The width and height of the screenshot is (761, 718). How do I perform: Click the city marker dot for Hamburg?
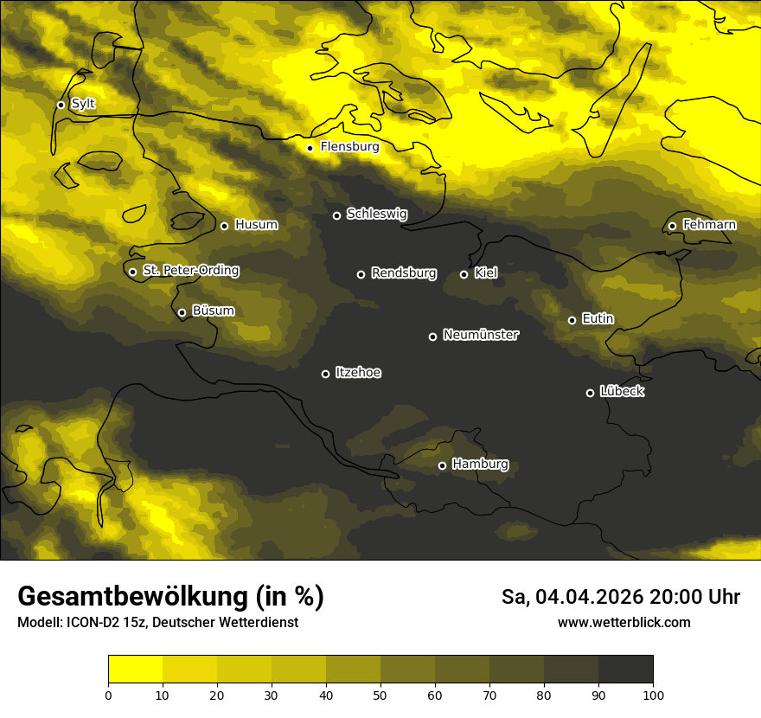click(442, 465)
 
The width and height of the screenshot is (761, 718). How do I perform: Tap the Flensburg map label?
click(349, 147)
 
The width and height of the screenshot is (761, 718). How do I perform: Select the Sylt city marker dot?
click(61, 105)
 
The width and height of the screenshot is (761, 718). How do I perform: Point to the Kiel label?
click(486, 273)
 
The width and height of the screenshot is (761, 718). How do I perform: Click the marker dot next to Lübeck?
click(591, 393)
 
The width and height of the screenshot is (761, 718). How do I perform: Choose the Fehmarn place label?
click(709, 225)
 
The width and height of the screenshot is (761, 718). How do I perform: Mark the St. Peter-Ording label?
click(190, 271)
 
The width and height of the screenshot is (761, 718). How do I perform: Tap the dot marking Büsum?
click(182, 313)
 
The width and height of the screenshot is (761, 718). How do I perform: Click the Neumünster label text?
click(481, 335)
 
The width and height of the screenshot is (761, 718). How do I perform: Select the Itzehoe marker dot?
click(325, 374)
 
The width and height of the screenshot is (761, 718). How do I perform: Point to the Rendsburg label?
click(404, 273)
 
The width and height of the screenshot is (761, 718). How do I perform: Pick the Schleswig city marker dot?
click(336, 215)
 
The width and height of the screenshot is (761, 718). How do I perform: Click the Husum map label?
click(256, 225)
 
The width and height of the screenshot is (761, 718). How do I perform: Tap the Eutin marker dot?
click(572, 320)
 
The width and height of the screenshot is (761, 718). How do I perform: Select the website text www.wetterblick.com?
click(624, 622)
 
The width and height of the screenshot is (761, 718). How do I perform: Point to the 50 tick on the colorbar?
click(380, 694)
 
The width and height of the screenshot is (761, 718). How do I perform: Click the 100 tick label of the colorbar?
click(653, 694)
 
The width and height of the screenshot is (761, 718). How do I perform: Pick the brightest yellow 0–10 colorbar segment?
click(135, 670)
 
